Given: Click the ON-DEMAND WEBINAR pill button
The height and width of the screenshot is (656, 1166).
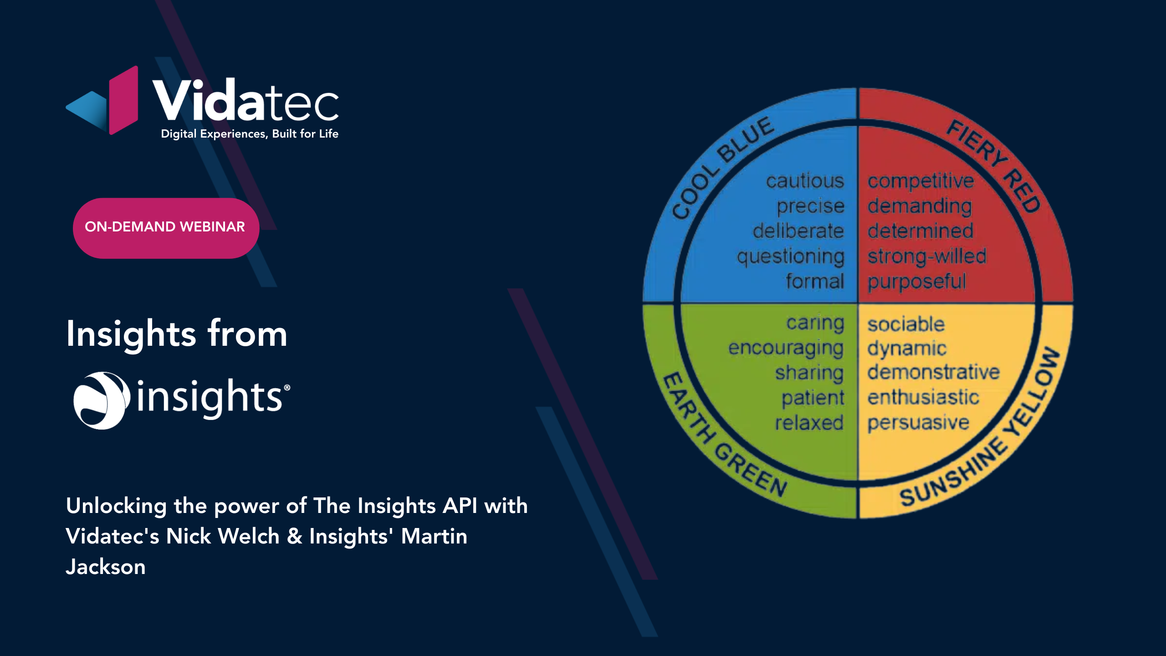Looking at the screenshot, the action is click(166, 228).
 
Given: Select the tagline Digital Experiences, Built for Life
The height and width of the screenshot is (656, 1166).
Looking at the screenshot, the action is click(250, 134).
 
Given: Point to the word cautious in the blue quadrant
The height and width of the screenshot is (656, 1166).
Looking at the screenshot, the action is click(805, 181).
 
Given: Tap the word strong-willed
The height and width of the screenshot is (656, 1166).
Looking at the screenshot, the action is click(927, 256).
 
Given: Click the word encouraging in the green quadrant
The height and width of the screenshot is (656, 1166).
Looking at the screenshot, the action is click(786, 348).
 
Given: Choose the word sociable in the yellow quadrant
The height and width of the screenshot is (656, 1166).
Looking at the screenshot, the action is click(906, 324).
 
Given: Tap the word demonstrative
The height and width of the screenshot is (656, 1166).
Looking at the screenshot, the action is click(933, 372).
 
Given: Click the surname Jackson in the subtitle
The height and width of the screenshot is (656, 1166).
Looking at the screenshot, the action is click(106, 567).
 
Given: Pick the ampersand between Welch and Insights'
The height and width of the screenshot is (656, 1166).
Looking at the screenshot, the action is click(295, 536).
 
